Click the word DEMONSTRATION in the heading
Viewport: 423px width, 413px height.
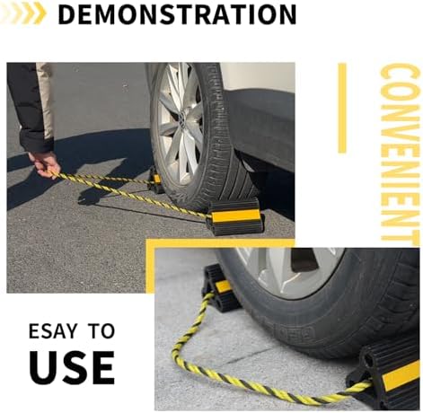pos(177,13)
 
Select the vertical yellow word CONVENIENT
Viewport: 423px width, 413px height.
pos(400,153)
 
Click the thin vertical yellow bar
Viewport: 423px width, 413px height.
pos(342,108)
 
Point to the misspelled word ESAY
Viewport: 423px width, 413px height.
pos(53,330)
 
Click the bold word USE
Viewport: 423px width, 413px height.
pos(72,367)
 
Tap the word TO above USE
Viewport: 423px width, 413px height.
pos(101,330)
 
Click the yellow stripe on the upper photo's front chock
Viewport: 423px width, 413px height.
pos(235,215)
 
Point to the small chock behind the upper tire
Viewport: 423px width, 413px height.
pos(156,181)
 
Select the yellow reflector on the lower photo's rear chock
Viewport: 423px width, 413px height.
pos(224,287)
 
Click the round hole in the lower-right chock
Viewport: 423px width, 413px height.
pos(369,361)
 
